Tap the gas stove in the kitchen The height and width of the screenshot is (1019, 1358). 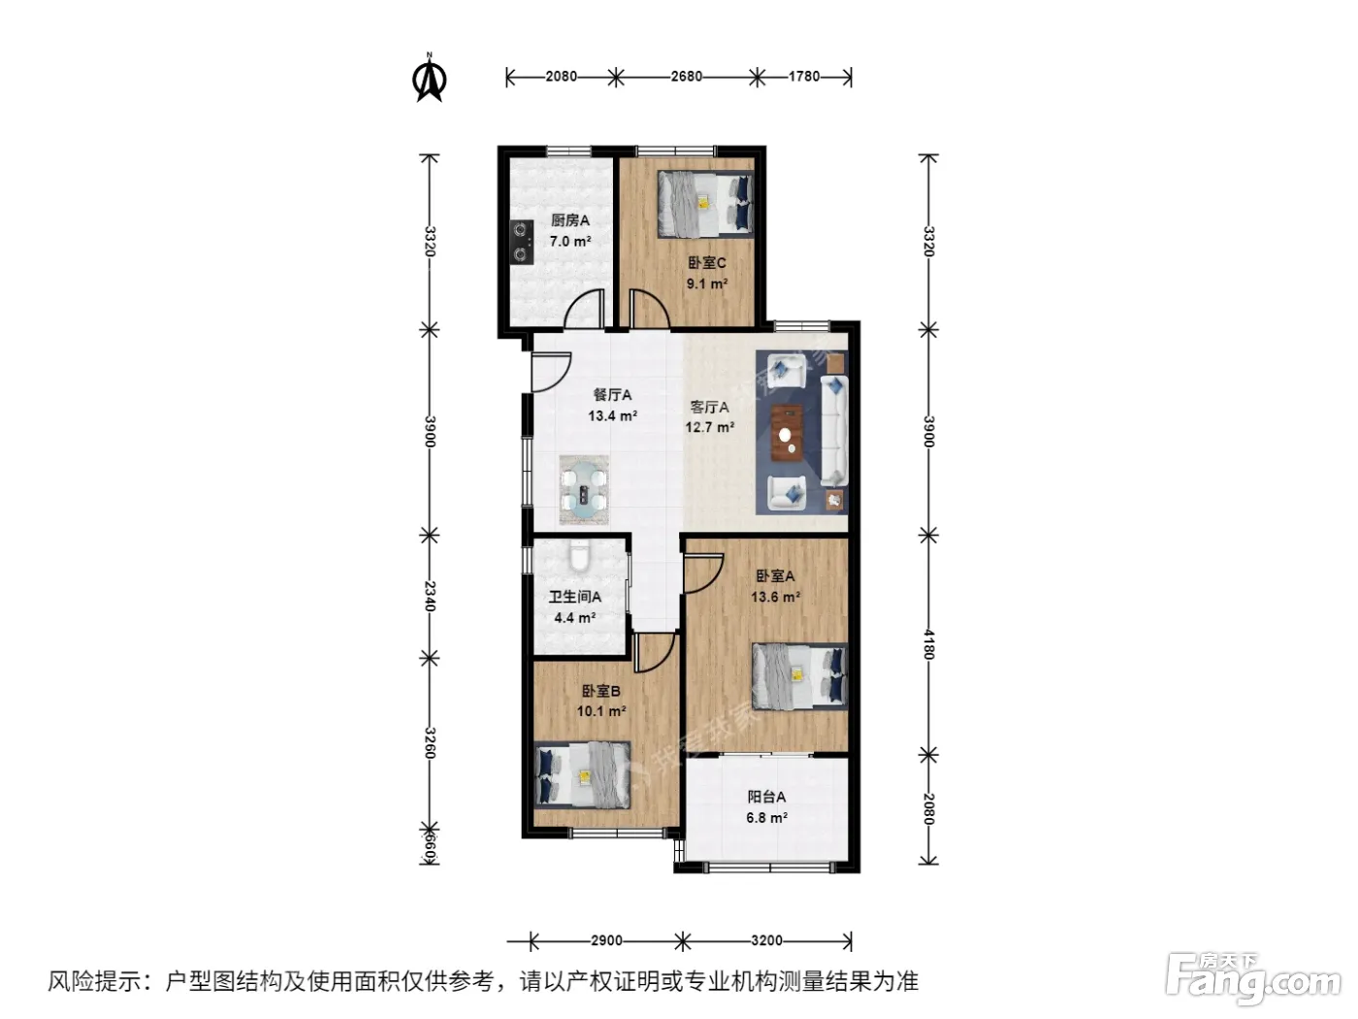[x=523, y=242]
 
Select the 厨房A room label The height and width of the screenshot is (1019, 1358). [x=569, y=220]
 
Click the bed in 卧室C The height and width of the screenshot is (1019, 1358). [x=705, y=204]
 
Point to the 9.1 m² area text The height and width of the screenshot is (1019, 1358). [x=706, y=284]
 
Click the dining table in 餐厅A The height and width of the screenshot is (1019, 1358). [x=584, y=491]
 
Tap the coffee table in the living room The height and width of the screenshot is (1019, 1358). [x=787, y=433]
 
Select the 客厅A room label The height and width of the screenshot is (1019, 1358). [x=709, y=407]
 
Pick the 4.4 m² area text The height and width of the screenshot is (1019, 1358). [x=575, y=617]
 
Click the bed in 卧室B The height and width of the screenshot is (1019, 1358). [x=582, y=774]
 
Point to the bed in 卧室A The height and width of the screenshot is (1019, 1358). [x=799, y=676]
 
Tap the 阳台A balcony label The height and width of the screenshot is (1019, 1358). [x=766, y=797]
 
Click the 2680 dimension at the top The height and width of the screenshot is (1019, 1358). [x=686, y=77]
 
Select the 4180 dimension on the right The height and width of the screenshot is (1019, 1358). [x=928, y=644]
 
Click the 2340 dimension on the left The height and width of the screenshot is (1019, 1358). [x=430, y=596]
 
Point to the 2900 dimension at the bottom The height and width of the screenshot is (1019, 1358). [x=606, y=940]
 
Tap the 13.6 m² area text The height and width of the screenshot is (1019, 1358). [x=775, y=597]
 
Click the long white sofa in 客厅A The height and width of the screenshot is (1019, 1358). [x=834, y=430]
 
